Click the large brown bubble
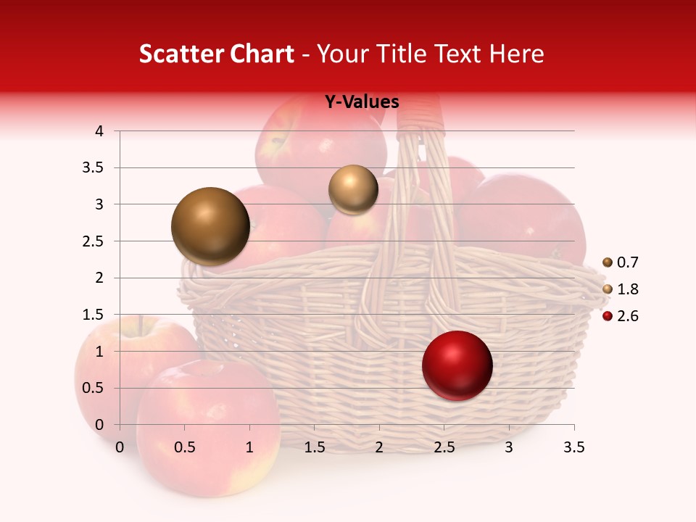point(211,226)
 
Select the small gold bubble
point(353,190)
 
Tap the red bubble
point(457,365)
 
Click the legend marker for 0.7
point(608,262)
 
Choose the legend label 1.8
point(627,289)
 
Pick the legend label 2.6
point(627,316)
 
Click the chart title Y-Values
point(362,102)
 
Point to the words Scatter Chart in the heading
point(216,54)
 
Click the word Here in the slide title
point(516,54)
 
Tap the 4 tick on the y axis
point(99,131)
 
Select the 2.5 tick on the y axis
point(93,241)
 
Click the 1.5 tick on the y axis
point(93,315)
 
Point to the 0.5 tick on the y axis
point(93,388)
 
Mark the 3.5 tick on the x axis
point(573,447)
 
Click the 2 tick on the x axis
point(379,447)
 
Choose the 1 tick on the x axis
point(249,447)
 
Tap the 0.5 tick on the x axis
point(184,447)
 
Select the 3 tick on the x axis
point(509,447)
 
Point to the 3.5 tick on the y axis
point(93,168)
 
